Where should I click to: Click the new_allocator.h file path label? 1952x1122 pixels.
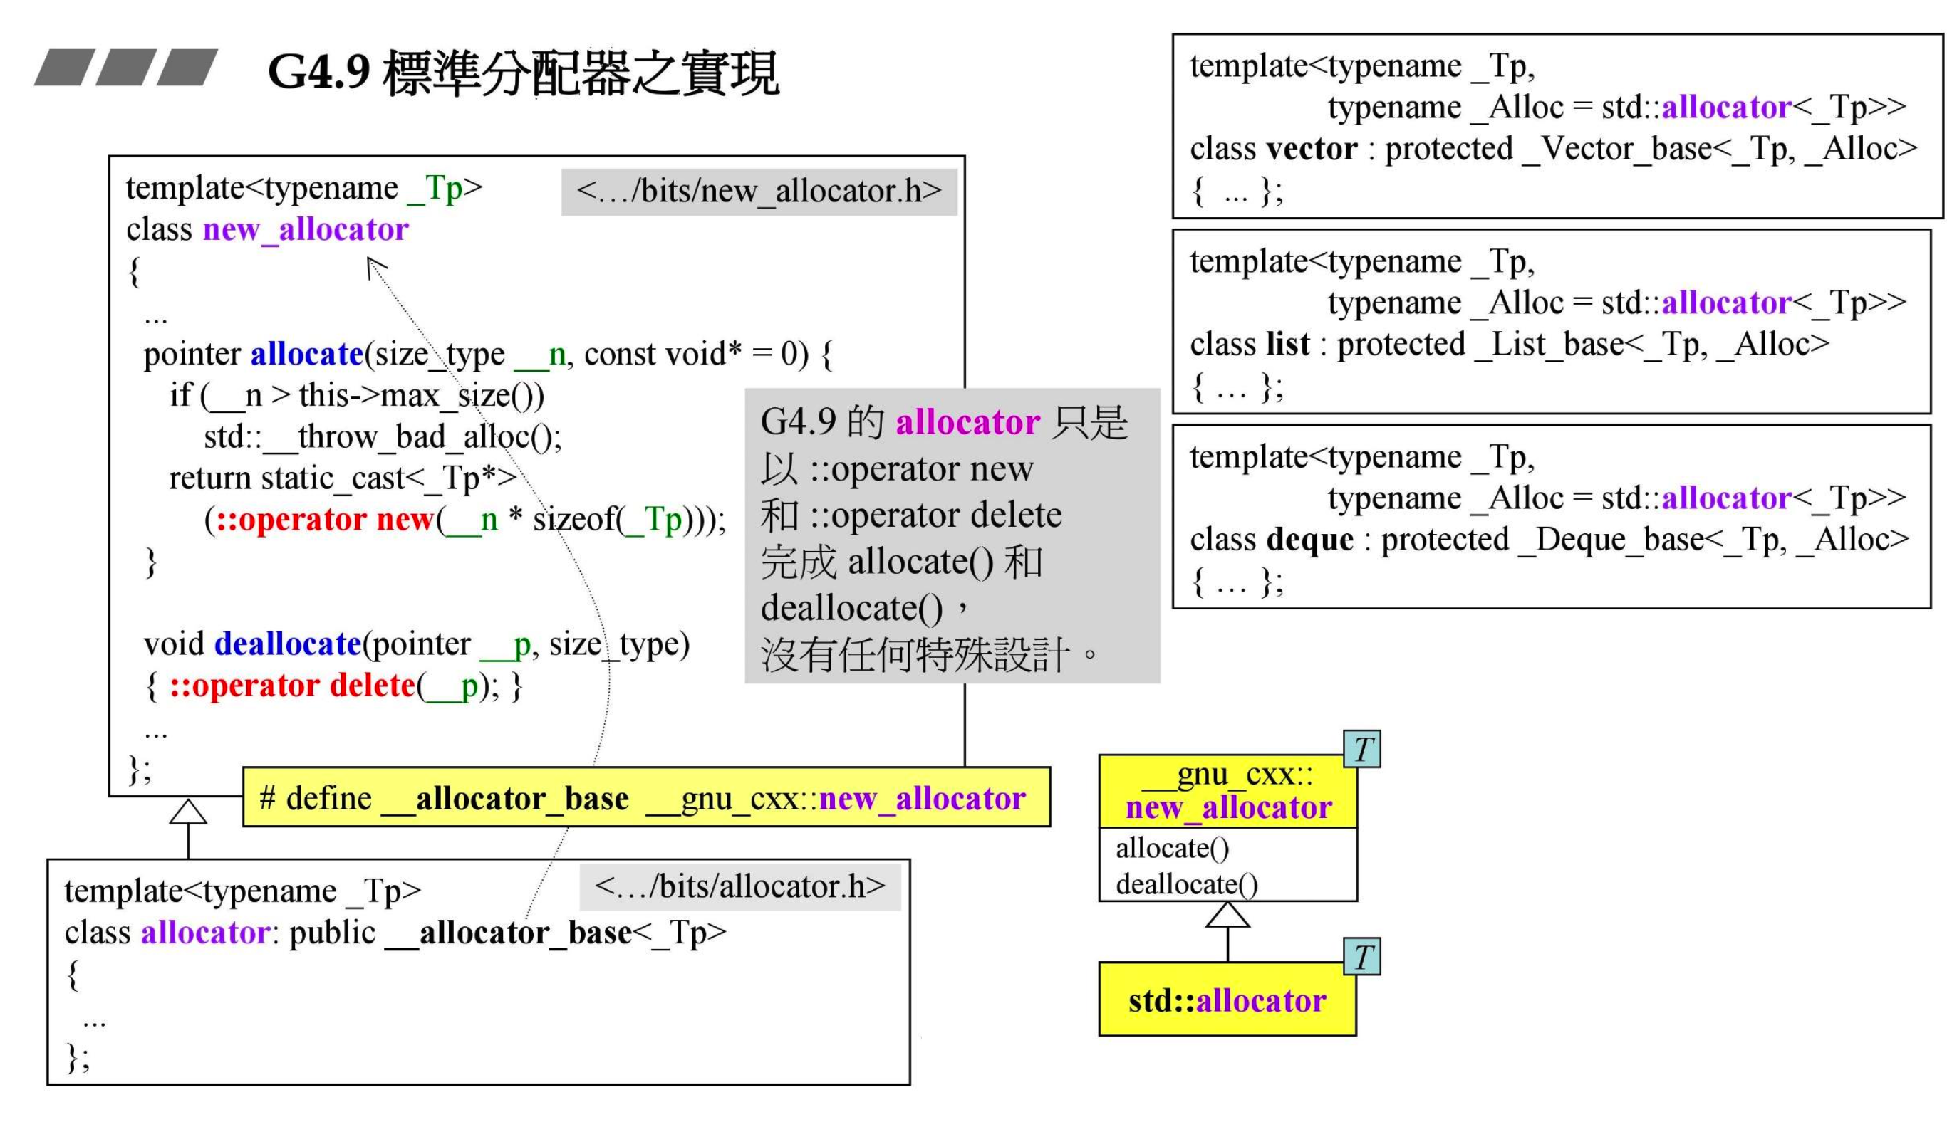(759, 191)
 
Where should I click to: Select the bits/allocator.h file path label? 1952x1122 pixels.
(740, 887)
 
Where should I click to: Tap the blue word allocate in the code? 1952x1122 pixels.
(307, 355)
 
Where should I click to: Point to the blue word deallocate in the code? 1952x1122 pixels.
(288, 644)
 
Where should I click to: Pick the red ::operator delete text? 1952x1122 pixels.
(292, 686)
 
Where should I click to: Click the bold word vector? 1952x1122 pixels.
(1312, 149)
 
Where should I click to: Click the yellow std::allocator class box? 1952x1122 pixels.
(1227, 1000)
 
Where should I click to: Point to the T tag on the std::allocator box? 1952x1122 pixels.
(1361, 957)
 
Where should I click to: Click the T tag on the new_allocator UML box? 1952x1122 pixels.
(1361, 749)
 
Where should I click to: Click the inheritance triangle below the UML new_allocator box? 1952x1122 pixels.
(1227, 916)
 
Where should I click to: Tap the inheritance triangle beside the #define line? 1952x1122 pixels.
(188, 812)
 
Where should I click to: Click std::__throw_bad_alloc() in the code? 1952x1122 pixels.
(383, 438)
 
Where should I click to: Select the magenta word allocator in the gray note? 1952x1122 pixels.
(967, 423)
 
